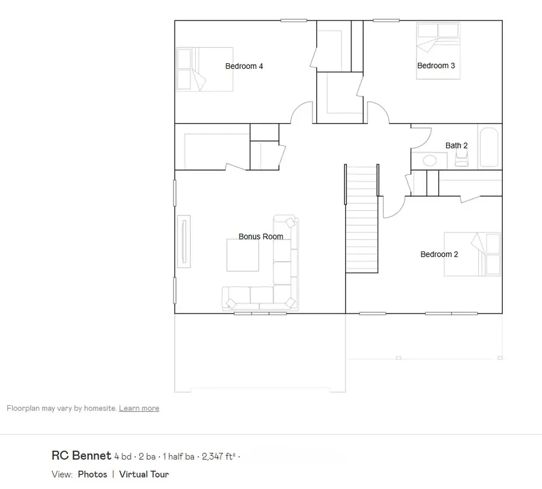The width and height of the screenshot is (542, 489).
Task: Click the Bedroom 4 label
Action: (x=244, y=66)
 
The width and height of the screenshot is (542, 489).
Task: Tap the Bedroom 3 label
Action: (x=436, y=65)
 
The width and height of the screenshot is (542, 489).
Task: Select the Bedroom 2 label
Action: (x=439, y=254)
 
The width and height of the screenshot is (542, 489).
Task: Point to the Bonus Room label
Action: (x=261, y=236)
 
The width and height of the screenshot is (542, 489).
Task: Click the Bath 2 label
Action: (x=456, y=145)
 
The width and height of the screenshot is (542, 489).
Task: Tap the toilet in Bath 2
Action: (x=461, y=159)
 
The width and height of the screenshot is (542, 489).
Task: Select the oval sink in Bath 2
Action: (x=429, y=160)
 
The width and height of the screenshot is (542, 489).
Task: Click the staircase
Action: (x=361, y=219)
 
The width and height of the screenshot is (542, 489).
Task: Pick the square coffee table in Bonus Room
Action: (x=243, y=255)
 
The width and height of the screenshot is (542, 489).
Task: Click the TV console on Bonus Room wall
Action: (x=184, y=242)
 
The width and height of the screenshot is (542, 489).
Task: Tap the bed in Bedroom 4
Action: (x=205, y=69)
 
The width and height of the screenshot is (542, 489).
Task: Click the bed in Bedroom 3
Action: (x=438, y=51)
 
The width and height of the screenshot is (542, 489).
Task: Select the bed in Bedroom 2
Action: (x=472, y=254)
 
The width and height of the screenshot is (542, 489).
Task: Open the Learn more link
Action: (x=139, y=408)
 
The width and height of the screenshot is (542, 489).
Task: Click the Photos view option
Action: (x=92, y=474)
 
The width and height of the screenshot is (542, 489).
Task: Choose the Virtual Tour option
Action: (x=144, y=474)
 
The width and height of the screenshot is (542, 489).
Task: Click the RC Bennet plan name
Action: (x=81, y=455)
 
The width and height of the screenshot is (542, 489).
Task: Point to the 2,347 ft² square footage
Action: (x=219, y=456)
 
